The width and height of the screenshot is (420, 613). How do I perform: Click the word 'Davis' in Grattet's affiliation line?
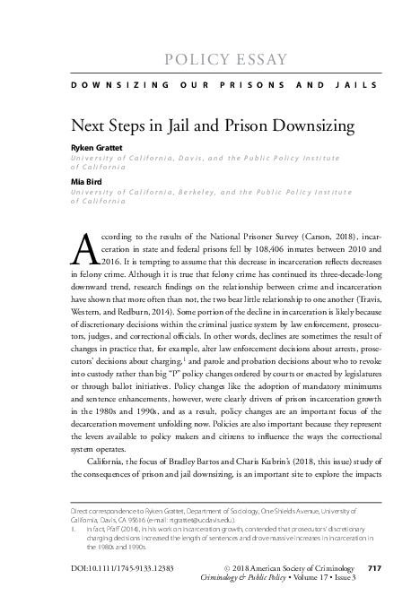pos(205,157)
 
